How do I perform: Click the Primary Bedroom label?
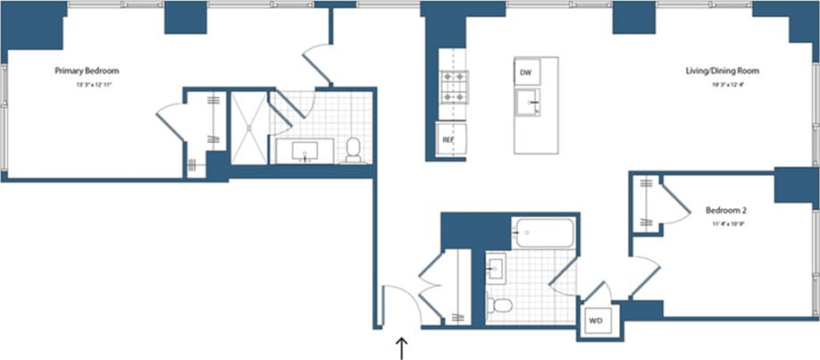(x=87, y=71)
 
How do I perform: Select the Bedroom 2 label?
(x=726, y=211)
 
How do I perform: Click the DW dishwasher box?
(x=525, y=71)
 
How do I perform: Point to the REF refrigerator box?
(x=448, y=139)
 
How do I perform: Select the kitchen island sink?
(x=529, y=102)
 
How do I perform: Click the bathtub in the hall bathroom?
(x=544, y=235)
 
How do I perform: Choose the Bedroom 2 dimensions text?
(x=726, y=225)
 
